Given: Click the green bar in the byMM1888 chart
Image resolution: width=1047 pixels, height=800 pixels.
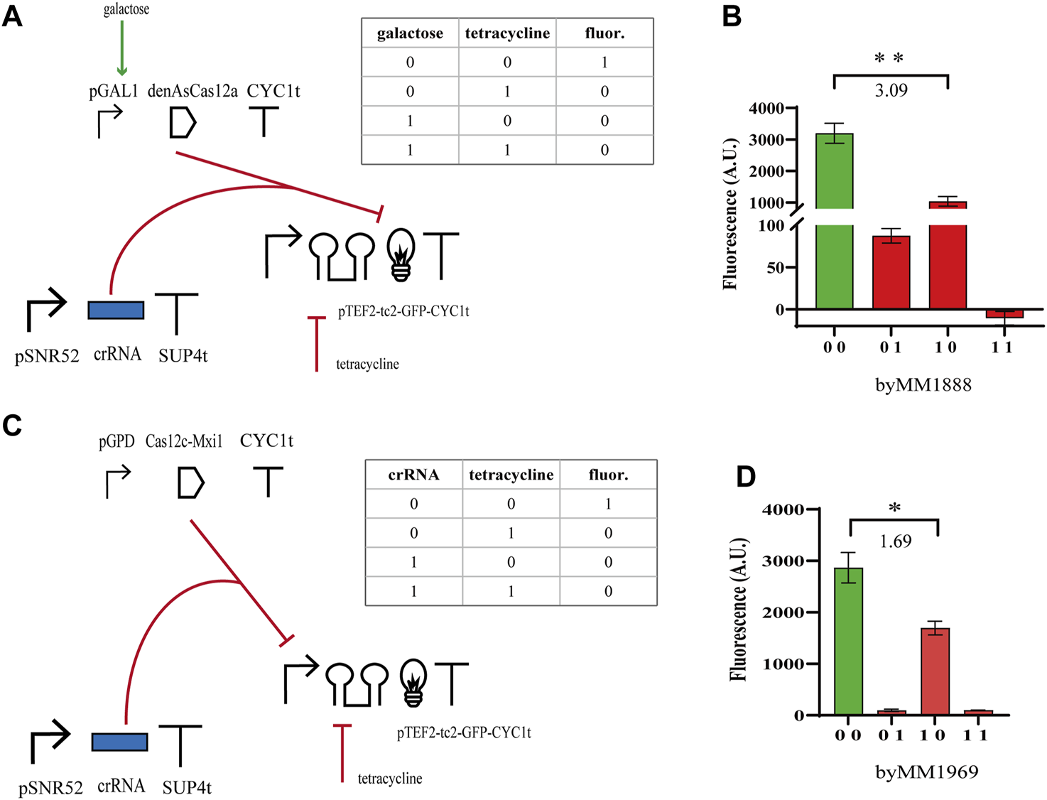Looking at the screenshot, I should [834, 220].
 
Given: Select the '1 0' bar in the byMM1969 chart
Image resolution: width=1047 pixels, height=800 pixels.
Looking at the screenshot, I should [935, 671].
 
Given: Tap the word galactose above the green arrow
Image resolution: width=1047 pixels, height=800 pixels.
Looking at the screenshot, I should [126, 9].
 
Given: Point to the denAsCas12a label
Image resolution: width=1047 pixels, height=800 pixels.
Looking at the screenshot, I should [192, 91].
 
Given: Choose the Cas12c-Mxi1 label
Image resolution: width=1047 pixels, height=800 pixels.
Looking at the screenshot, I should [184, 442].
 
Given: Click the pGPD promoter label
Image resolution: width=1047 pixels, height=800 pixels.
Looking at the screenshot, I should [116, 442].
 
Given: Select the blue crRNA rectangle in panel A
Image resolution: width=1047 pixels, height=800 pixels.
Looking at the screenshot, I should [116, 310].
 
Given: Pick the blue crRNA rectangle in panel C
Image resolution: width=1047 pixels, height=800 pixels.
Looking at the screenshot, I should [119, 742].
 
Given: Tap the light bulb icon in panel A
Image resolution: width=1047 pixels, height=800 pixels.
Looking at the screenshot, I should [401, 255].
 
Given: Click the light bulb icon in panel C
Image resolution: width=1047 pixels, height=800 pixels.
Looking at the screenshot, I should [413, 682].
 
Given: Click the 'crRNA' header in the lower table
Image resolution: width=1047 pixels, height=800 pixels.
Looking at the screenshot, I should [413, 475].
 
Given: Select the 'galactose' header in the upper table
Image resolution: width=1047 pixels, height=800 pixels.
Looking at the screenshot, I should [410, 33].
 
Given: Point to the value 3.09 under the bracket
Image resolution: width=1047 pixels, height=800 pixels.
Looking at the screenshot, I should [891, 90].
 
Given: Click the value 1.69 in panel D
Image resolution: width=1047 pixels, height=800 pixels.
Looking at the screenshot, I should [895, 541].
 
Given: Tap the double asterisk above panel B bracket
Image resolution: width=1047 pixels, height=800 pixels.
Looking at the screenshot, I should [889, 58].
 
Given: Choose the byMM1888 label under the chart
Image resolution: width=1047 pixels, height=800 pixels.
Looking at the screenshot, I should [923, 385].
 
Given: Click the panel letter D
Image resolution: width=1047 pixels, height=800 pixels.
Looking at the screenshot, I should [745, 477].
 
